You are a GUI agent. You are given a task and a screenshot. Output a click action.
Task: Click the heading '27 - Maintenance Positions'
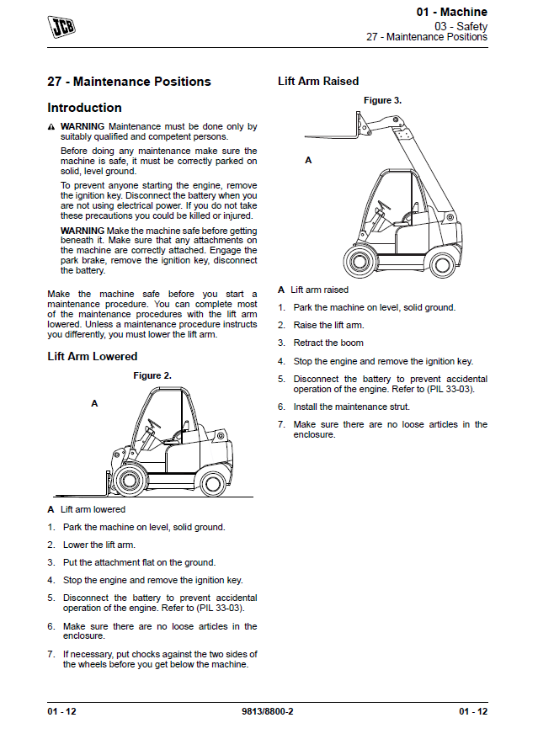point(129,82)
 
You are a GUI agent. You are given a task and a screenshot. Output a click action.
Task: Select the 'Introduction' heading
point(84,108)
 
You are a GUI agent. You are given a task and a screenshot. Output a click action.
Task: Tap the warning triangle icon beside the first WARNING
point(51,127)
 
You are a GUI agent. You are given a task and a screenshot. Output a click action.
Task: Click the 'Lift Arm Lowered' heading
point(92,356)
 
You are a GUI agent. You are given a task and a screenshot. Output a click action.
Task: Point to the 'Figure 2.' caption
point(152,375)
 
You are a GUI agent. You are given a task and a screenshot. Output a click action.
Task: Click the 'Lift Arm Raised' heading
point(318,81)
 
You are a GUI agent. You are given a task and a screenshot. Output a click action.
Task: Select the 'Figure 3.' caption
point(382,100)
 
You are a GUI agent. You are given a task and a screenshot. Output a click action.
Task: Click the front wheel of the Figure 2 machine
point(128,481)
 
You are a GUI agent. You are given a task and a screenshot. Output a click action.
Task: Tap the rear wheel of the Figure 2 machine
point(213,480)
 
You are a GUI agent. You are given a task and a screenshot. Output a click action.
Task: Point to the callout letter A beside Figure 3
point(308,160)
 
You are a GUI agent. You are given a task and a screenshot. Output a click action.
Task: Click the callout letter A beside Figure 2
point(94,404)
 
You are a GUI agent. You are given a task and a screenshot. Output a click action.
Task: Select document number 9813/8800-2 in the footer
point(267,711)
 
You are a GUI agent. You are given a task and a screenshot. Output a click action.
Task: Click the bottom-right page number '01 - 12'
point(472,711)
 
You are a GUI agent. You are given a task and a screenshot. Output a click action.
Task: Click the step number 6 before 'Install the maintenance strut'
point(281,407)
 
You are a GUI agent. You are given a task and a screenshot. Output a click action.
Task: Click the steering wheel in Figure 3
point(383,205)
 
